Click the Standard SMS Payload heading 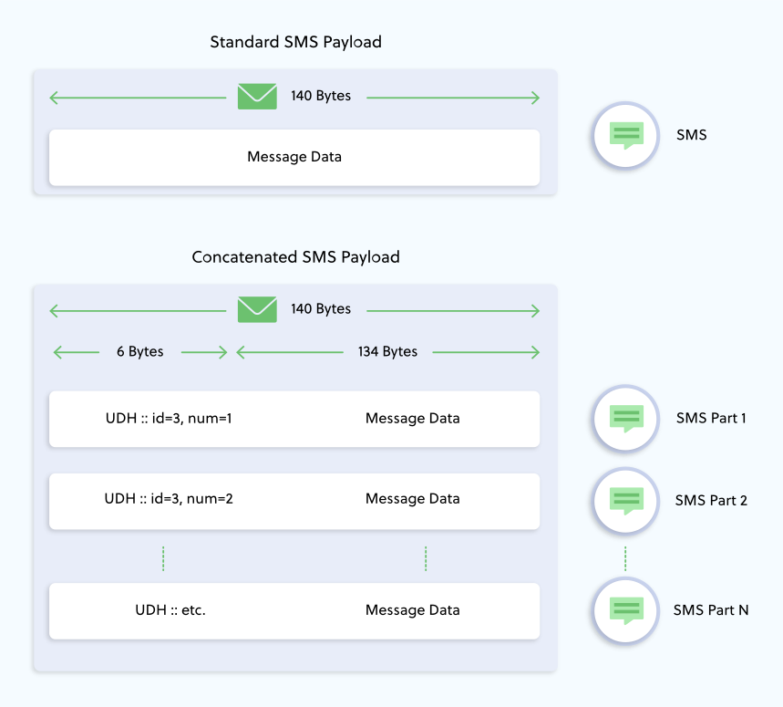pos(295,42)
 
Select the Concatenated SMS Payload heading pos(295,257)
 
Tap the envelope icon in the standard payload pos(257,96)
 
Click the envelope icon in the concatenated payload pos(257,309)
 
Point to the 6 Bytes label pos(139,352)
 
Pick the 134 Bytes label pos(387,352)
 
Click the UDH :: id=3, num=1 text pos(173,419)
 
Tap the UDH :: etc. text pos(170,610)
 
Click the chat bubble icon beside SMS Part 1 pos(625,419)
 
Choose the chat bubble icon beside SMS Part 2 pos(625,500)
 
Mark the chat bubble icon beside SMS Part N pos(625,610)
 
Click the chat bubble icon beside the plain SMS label pos(625,135)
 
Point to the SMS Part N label pos(711,610)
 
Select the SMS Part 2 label pos(711,500)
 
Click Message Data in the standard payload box pos(294,157)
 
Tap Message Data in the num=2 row pos(412,499)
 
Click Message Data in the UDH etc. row pos(412,610)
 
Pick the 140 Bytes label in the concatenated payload pos(321,309)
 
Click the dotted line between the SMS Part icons pos(625,558)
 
